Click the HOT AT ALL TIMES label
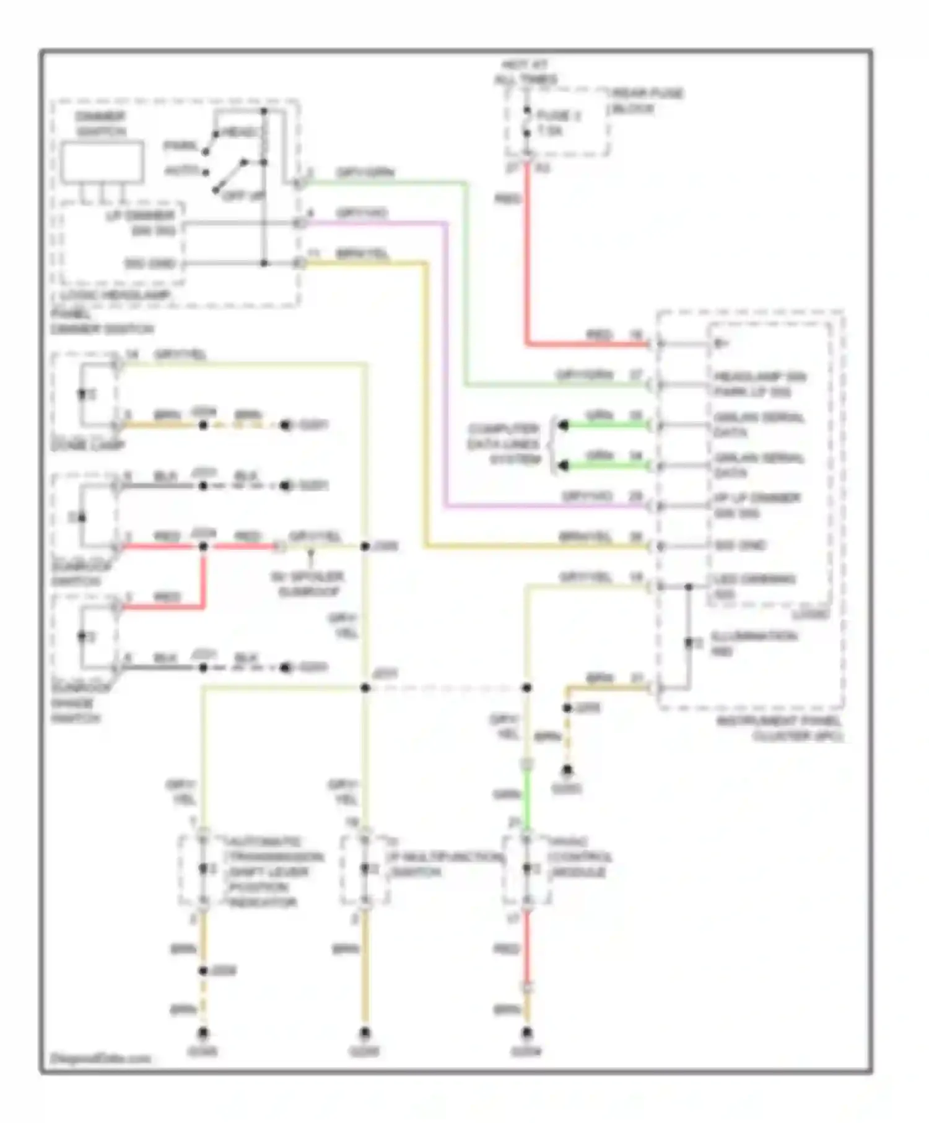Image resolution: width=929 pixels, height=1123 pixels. click(x=525, y=72)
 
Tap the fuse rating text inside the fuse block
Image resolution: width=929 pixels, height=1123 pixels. click(x=550, y=131)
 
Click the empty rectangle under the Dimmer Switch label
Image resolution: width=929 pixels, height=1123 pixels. click(x=103, y=162)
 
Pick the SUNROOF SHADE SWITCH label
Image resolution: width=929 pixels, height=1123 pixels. click(x=76, y=703)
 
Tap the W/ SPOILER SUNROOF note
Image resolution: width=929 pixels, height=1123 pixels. click(x=308, y=584)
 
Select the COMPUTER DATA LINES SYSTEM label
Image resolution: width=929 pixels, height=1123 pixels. click(x=504, y=444)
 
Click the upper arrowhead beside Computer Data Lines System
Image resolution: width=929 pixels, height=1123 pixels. click(x=562, y=425)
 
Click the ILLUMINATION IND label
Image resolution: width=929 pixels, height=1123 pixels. click(x=753, y=643)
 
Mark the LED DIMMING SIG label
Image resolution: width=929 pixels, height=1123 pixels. click(x=753, y=586)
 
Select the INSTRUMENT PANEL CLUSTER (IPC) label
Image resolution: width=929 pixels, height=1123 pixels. click(x=779, y=729)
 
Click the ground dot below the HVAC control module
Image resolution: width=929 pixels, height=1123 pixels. click(x=526, y=1032)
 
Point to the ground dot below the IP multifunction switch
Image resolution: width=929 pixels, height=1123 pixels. click(x=365, y=1032)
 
